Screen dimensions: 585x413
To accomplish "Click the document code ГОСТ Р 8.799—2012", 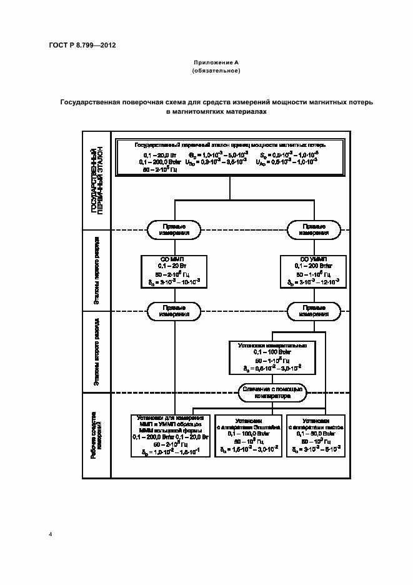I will tap(82, 46).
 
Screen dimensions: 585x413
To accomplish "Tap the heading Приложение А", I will tap(216, 63).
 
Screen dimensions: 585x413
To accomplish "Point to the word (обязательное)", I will tap(216, 71).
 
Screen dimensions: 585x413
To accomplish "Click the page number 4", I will tap(51, 534).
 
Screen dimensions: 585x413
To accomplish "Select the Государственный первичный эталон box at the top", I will tap(231, 157).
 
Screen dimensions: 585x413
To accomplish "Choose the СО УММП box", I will tap(313, 271).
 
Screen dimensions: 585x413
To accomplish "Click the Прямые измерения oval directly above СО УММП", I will tap(313, 229).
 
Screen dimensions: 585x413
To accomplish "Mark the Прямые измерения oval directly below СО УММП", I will tap(313, 311).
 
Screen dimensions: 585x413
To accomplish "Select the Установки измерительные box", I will tap(272, 357).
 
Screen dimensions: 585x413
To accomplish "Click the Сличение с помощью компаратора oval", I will tap(272, 392).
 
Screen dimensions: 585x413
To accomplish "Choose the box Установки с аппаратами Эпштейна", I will tap(248, 435).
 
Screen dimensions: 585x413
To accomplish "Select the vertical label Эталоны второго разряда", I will tap(96, 354).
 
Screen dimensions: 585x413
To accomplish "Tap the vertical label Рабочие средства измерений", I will tap(96, 436).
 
